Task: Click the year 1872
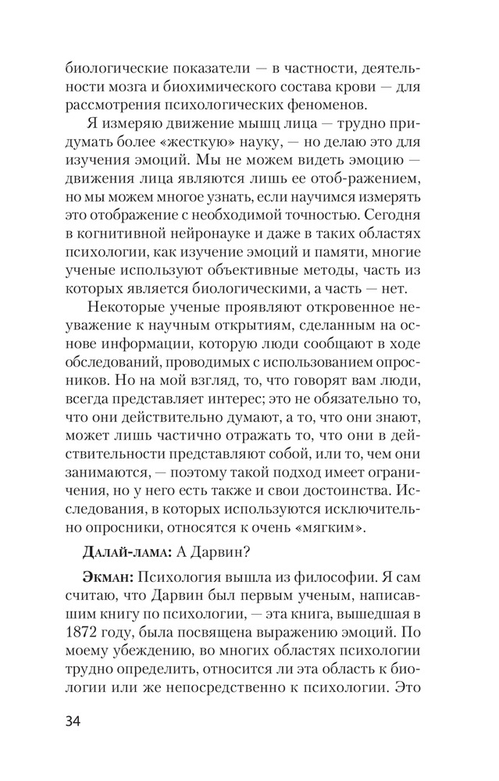point(83,627)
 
